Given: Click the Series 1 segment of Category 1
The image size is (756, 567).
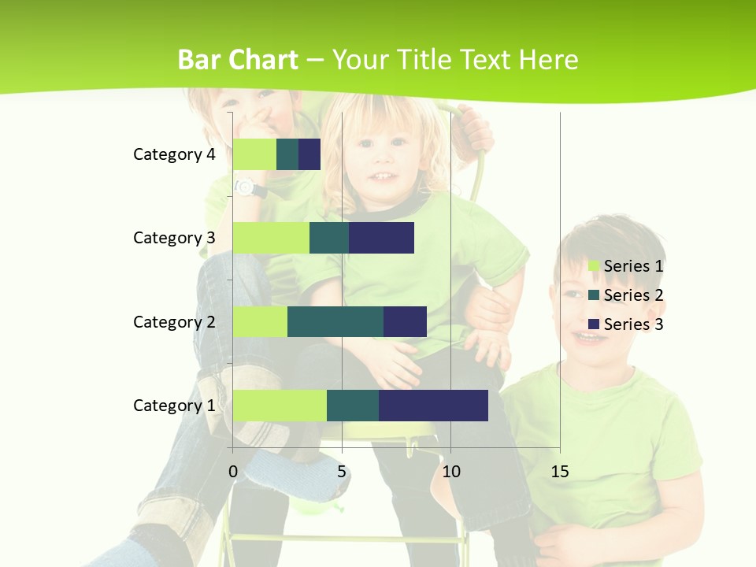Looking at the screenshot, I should point(280,405).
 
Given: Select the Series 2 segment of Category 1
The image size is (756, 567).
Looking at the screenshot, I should point(353,405).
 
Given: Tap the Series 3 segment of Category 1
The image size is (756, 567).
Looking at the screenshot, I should point(433,405).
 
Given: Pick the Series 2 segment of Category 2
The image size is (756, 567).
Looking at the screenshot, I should point(335,321).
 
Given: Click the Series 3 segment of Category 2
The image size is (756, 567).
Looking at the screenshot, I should point(405,321).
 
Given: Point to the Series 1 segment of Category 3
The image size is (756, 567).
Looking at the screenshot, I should point(271,238).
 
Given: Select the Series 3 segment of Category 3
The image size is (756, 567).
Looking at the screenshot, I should point(381,238).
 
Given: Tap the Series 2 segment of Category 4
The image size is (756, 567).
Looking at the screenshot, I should point(287,154).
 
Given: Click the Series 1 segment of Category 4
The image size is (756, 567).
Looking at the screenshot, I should point(254,154).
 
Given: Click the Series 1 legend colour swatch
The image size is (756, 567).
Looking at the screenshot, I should point(594,266).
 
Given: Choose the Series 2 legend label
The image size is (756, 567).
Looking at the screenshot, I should point(633,295).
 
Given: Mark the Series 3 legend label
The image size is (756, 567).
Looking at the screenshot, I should point(633,324).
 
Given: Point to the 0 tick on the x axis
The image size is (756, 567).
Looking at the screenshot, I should point(233,472).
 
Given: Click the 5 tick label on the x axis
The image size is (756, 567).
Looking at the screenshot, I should point(342,472).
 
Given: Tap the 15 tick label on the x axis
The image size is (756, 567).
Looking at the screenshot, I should point(559,472).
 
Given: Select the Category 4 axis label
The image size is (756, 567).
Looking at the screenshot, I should point(174,154).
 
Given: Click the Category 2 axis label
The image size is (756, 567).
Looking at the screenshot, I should point(174,321).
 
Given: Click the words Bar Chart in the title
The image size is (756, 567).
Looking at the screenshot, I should point(238,59).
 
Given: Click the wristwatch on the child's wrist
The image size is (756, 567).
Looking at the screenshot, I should point(245,187).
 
